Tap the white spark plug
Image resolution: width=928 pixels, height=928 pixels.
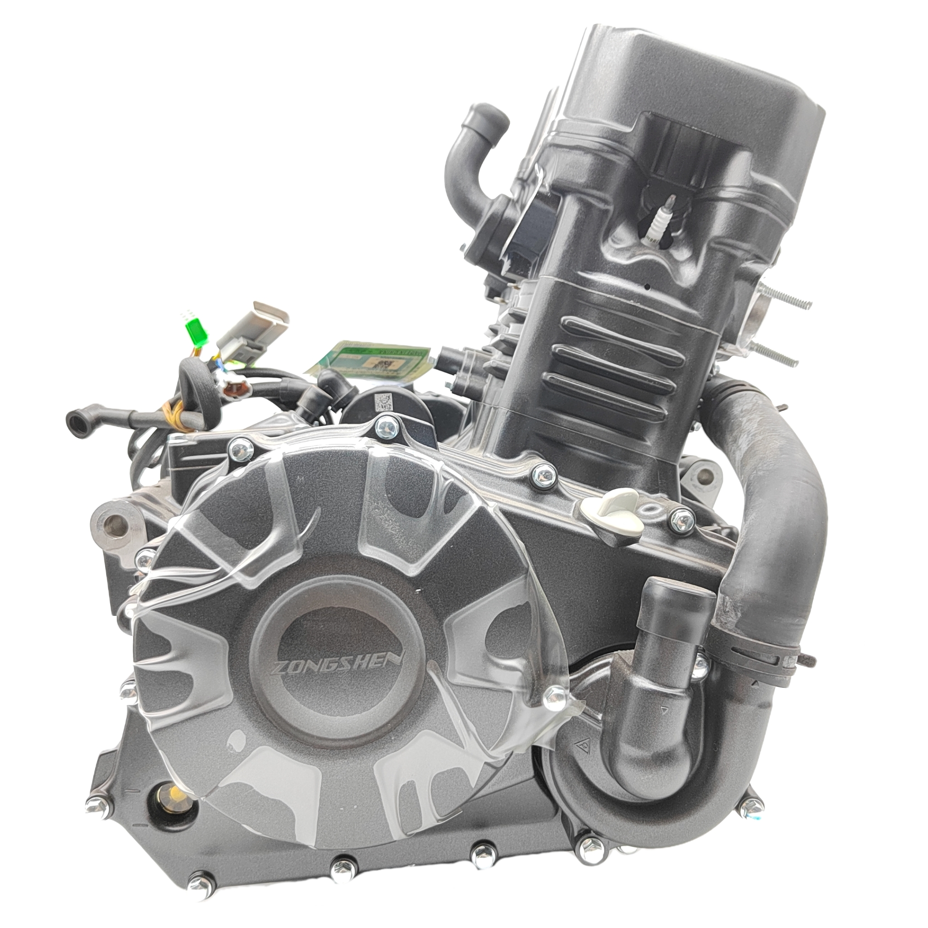653,221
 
